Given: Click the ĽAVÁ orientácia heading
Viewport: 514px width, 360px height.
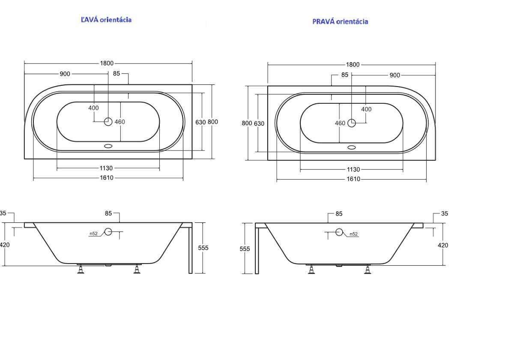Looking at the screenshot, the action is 106,20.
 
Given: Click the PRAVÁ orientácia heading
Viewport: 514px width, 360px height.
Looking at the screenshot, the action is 340,21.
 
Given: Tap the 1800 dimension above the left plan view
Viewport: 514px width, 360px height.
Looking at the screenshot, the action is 107,63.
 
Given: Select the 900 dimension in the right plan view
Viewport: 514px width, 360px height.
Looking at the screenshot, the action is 394,75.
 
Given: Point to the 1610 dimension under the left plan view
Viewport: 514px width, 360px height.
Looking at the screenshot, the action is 107,178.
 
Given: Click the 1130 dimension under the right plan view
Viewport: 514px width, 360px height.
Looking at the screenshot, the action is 353,169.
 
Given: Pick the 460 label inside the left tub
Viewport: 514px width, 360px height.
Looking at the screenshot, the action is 120,122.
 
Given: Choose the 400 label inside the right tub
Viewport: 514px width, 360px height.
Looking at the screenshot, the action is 366,109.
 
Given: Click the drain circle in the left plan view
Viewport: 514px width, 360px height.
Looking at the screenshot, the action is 108,122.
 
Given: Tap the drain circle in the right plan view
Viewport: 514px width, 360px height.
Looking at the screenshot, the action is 352,123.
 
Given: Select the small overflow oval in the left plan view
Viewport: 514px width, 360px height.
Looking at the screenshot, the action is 108,146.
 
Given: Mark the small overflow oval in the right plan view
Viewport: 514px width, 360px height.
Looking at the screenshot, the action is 352,147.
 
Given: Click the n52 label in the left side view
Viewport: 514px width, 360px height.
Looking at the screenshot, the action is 94,234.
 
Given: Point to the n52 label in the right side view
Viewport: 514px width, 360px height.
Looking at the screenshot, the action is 354,234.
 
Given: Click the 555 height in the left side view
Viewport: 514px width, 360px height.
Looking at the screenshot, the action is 203,248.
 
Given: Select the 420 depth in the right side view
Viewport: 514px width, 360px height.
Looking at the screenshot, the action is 443,245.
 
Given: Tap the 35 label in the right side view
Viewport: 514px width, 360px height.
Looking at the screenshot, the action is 445,213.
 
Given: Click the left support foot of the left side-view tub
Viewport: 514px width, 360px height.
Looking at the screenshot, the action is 81,269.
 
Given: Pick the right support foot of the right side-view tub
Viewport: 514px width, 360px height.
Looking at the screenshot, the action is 368,269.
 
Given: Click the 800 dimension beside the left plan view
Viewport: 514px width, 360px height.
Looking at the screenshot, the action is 213,122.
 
